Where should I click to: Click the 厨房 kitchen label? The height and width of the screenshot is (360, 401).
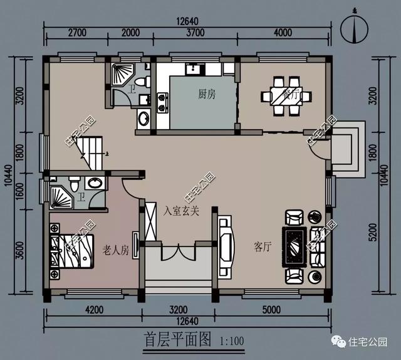[x=207, y=95]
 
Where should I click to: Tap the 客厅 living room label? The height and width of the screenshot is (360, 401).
[x=263, y=246]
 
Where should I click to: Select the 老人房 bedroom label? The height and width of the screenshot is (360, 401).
[x=116, y=251]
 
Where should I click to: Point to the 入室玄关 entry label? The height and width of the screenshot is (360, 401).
[x=182, y=211]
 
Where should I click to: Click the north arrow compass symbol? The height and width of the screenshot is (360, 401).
[x=356, y=29]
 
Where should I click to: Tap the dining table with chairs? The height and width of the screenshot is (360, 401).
[x=285, y=96]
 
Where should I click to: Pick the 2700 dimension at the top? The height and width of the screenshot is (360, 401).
[x=76, y=33]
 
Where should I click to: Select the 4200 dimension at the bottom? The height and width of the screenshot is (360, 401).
[x=94, y=310]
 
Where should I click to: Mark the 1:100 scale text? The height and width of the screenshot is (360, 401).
[x=233, y=342]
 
